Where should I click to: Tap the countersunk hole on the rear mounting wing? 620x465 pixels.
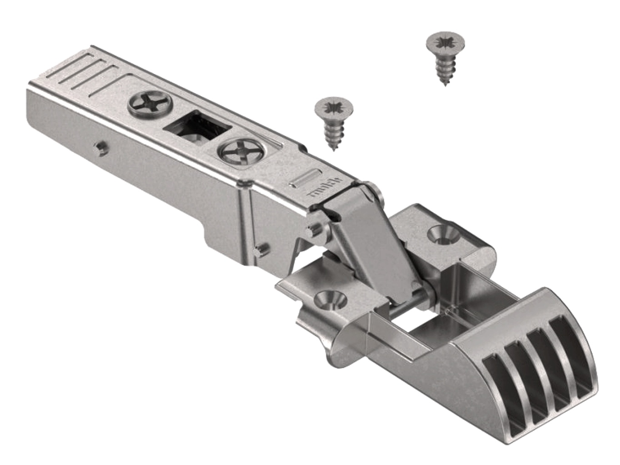pos(440,232)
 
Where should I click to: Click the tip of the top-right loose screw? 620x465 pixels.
pos(445,84)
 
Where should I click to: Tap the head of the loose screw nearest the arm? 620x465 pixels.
pos(334,107)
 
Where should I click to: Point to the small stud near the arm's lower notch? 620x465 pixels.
pos(260,249)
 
